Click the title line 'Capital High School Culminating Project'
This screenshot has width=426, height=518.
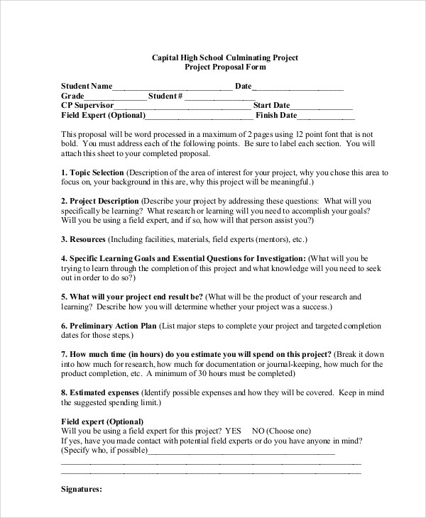click(225, 57)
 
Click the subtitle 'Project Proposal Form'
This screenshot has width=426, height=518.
click(225, 67)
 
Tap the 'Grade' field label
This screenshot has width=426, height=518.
click(72, 97)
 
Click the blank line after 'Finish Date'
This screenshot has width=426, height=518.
click(326, 116)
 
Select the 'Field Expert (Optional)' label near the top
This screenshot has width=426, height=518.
click(103, 115)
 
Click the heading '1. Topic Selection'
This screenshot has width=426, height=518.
click(92, 172)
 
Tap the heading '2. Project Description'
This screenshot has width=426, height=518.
click(99, 201)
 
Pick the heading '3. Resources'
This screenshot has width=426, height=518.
click(84, 240)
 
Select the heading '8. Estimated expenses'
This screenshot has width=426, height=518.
click(100, 392)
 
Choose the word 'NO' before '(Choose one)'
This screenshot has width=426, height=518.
click(258, 431)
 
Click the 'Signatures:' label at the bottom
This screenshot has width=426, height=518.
click(82, 489)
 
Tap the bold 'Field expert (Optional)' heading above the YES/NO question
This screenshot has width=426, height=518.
click(97, 421)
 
